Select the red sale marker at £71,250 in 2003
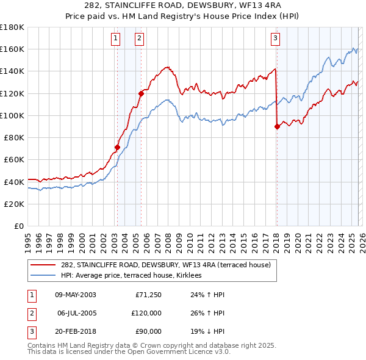tap(117, 147)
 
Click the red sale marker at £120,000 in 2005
tap(141, 93)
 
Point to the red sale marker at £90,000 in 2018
tap(277, 126)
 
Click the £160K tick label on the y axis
tap(12, 49)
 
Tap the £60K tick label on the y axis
tap(14, 159)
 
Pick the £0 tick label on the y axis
tap(18, 226)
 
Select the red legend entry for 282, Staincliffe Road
tap(161, 265)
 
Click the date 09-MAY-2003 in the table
tap(75, 295)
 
